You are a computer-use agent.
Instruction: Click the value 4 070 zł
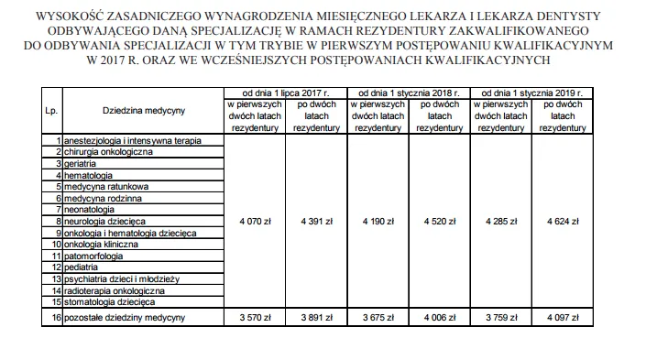(x=253, y=222)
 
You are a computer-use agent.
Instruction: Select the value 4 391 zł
(x=314, y=222)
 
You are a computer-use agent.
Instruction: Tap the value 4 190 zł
(x=377, y=222)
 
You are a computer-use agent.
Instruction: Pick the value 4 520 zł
(x=438, y=222)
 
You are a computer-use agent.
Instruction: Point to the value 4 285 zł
(x=499, y=222)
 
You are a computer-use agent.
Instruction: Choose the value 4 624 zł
(x=562, y=222)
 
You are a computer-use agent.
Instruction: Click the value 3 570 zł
(x=253, y=318)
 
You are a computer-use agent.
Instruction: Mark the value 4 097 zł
(x=562, y=318)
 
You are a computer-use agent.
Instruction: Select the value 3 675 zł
(x=377, y=318)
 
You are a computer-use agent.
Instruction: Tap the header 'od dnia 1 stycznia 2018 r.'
(x=408, y=93)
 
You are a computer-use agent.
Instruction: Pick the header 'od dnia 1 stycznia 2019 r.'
(x=531, y=93)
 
